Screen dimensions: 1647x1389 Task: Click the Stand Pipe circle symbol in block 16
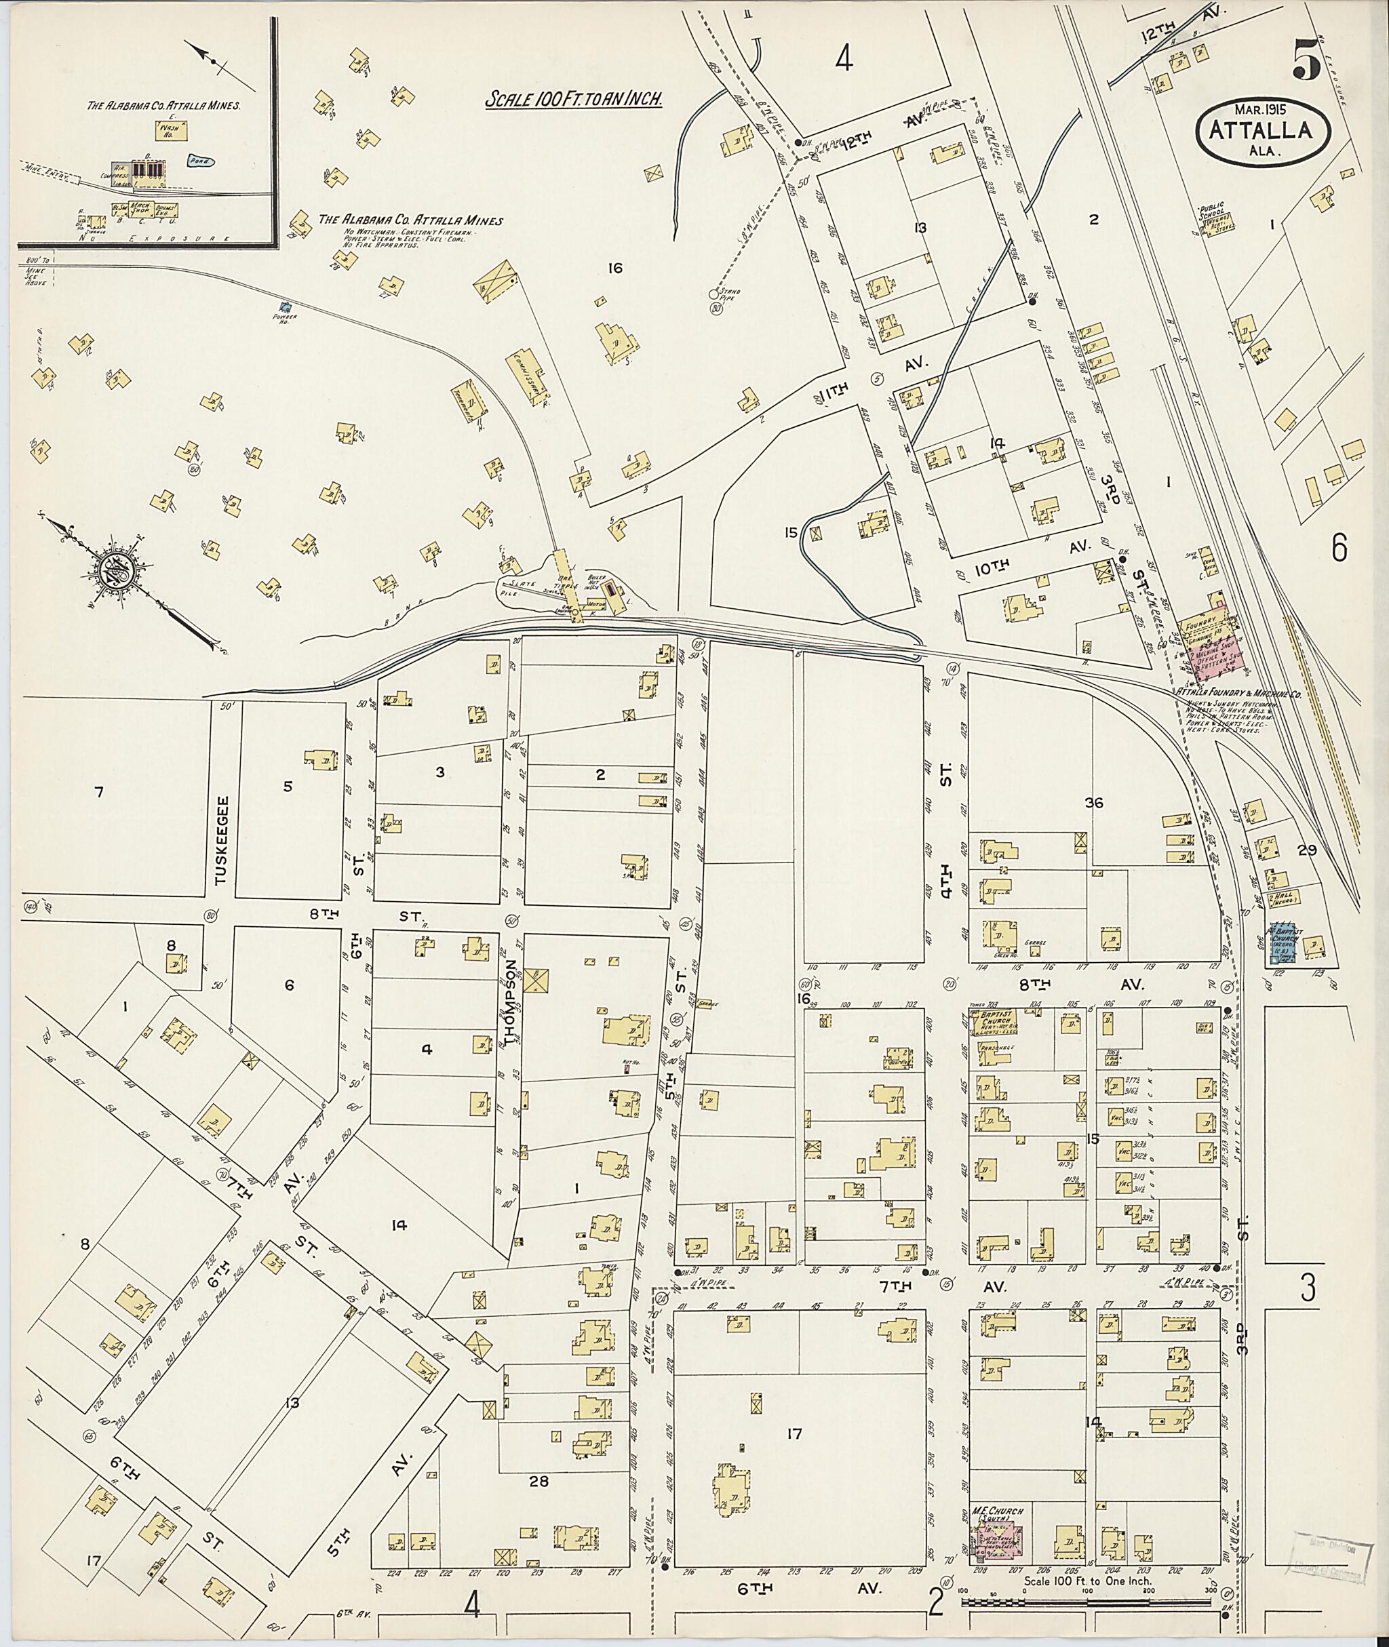pos(714,294)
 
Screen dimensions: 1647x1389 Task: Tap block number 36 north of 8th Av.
pos(1093,802)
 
